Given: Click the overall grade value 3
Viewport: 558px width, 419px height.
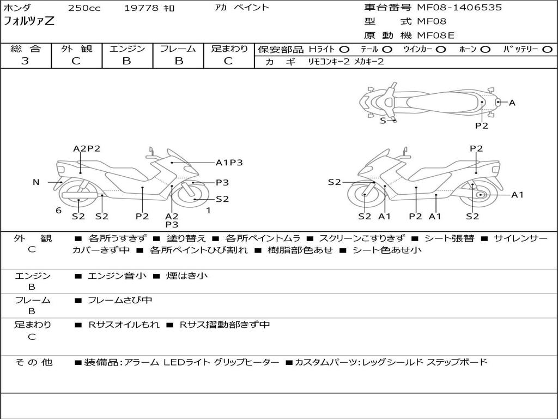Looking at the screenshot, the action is [x=25, y=61].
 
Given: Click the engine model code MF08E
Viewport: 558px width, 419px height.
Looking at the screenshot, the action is [x=436, y=35].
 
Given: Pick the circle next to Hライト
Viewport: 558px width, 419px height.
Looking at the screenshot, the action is [x=344, y=49].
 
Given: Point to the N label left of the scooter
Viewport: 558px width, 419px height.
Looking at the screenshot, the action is [x=36, y=182].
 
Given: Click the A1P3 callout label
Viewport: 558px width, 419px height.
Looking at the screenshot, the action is [x=229, y=162].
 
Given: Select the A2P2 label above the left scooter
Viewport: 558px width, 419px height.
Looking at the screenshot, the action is [x=87, y=148].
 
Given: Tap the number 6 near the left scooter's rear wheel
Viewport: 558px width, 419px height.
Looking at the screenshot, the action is [x=58, y=211].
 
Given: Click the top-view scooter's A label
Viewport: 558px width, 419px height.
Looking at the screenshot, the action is [x=512, y=103].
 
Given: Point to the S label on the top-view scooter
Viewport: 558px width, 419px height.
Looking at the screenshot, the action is [x=383, y=121].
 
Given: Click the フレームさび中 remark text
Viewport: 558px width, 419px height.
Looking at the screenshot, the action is [x=120, y=300].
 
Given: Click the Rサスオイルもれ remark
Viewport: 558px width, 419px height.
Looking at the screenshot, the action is [x=124, y=325].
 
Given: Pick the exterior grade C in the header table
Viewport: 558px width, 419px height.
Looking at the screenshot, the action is [x=76, y=61].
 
